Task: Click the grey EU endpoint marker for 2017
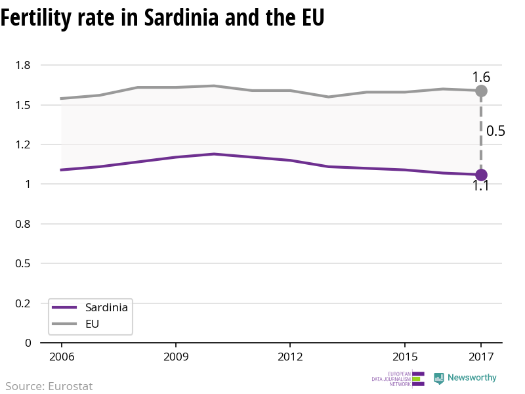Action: click(481, 91)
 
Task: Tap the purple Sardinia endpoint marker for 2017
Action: click(481, 175)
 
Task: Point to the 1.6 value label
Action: click(481, 77)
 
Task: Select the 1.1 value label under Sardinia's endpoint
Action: click(481, 186)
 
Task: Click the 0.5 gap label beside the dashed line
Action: click(495, 131)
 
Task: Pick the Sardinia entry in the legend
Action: click(106, 307)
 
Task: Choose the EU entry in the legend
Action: click(93, 324)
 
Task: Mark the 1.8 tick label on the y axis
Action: click(24, 65)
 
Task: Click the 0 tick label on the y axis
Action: click(28, 343)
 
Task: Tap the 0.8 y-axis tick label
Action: click(24, 224)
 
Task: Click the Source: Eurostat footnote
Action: click(49, 386)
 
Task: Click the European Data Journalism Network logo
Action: click(398, 379)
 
